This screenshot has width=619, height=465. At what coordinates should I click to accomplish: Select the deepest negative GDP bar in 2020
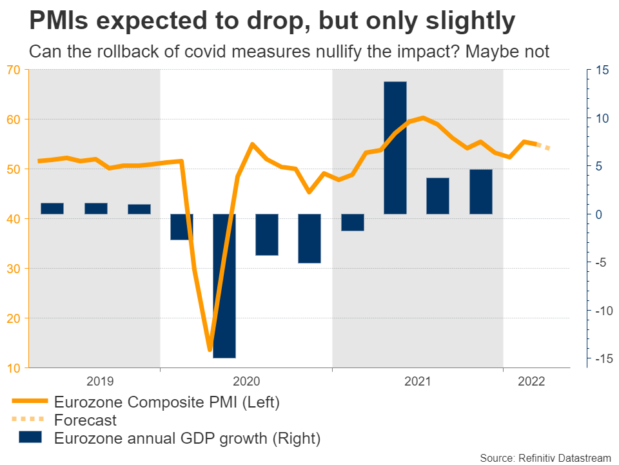(224, 285)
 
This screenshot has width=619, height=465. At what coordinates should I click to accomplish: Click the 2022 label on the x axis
(531, 381)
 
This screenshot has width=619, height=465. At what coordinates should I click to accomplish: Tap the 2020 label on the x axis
(246, 381)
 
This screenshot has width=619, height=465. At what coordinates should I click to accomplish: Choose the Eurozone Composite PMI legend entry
(167, 402)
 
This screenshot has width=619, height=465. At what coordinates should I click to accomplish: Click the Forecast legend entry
(86, 420)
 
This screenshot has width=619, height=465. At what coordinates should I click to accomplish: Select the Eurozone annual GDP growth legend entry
(187, 439)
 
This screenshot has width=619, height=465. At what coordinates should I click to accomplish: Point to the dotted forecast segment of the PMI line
(544, 147)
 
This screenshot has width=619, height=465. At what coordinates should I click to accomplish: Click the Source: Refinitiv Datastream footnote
(546, 457)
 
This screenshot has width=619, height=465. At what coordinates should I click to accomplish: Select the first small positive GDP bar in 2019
(52, 208)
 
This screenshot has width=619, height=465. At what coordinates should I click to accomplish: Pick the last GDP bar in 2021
(481, 191)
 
